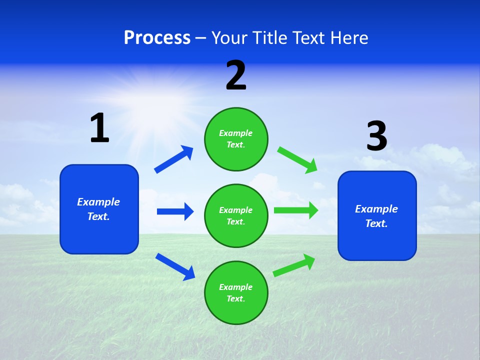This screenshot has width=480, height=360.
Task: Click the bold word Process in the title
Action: (157, 37)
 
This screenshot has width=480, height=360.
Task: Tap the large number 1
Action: (99, 128)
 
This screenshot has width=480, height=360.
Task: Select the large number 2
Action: (236, 75)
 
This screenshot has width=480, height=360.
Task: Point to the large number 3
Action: (376, 136)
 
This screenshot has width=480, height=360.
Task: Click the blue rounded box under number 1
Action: (99, 209)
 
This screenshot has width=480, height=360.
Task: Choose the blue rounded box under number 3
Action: (377, 215)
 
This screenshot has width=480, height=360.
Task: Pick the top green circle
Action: (236, 138)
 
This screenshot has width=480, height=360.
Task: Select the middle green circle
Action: (236, 215)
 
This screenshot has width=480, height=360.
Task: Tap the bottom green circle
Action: (236, 292)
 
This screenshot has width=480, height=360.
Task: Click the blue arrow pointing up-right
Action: (173, 159)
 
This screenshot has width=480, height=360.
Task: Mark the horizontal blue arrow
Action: (175, 211)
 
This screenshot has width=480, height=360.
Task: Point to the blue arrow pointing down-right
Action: (175, 266)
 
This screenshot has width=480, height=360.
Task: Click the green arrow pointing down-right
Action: (297, 159)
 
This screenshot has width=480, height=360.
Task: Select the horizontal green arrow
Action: (296, 210)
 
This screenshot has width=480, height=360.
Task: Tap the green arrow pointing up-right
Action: (294, 265)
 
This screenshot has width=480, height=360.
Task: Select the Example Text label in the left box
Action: (98, 209)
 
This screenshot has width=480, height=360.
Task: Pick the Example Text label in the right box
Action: (376, 216)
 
